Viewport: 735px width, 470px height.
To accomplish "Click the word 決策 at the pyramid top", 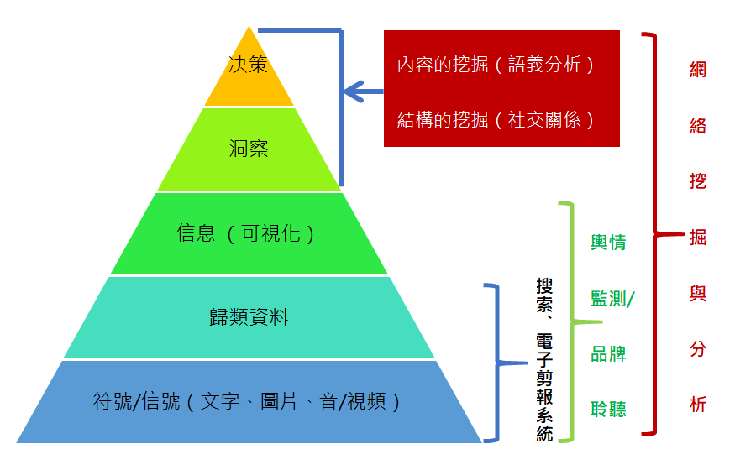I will coord(248,65).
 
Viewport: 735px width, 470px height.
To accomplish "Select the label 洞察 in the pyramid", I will coord(248,149).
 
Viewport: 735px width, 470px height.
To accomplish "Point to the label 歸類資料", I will coord(248,317).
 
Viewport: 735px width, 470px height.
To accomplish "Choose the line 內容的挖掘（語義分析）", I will coord(496,65).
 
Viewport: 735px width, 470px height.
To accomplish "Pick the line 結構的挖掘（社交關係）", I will coord(496,119).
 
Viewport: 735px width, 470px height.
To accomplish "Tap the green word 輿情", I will coord(608,243).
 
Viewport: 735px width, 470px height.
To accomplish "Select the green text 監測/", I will coord(612,298).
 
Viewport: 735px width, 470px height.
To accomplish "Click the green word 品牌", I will coord(608,353).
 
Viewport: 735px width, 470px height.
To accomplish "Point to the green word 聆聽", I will coord(608,409).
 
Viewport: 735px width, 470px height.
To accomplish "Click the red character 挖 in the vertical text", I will coord(698,182).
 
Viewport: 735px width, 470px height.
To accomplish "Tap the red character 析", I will coord(698,405).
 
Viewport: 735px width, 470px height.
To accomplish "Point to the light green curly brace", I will coord(570,321).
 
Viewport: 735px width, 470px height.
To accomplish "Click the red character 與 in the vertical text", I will coord(698,294).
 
